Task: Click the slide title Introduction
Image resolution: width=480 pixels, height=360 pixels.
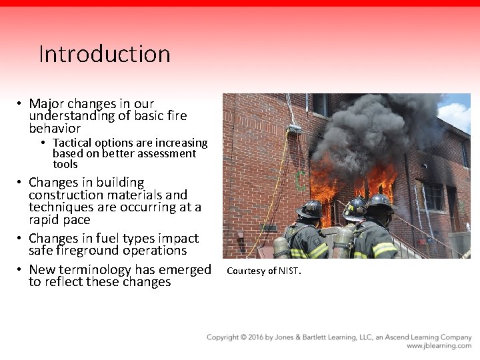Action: [x=105, y=54]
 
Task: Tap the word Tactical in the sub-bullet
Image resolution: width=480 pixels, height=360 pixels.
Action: [x=73, y=143]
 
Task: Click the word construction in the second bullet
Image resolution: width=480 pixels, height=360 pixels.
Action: [x=62, y=195]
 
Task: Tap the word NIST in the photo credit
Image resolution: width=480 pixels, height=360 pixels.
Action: [x=289, y=271]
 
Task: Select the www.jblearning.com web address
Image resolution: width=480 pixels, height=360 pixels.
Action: [x=439, y=346]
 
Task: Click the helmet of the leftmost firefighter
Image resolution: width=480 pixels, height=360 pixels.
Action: [x=310, y=209]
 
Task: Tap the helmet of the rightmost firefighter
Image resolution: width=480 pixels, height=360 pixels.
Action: [x=380, y=202]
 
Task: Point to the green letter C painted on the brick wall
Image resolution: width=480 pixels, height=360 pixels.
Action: [x=301, y=179]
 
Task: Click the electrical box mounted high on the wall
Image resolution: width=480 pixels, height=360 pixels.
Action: [x=293, y=128]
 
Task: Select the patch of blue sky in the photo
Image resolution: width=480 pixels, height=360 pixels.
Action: [x=456, y=111]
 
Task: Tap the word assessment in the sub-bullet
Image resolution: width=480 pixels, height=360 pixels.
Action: [x=169, y=153]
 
